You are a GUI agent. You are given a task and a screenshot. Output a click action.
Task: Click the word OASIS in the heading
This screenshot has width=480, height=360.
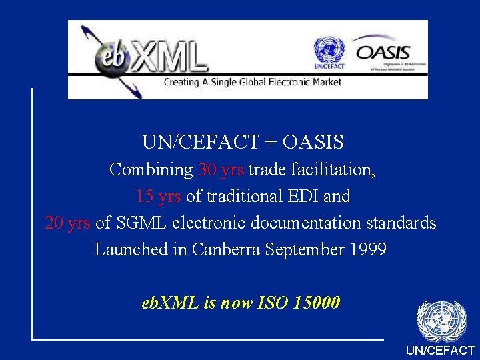point(313,142)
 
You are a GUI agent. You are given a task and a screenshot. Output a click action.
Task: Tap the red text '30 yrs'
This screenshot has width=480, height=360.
point(221,169)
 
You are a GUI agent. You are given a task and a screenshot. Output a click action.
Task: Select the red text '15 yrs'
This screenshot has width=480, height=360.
point(158,196)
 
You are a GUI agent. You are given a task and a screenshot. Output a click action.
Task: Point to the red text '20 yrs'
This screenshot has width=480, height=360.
point(67,223)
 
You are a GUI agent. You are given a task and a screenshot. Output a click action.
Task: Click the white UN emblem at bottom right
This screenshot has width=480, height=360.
point(441,321)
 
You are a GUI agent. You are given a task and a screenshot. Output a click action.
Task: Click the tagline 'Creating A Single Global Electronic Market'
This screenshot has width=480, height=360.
point(253,82)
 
